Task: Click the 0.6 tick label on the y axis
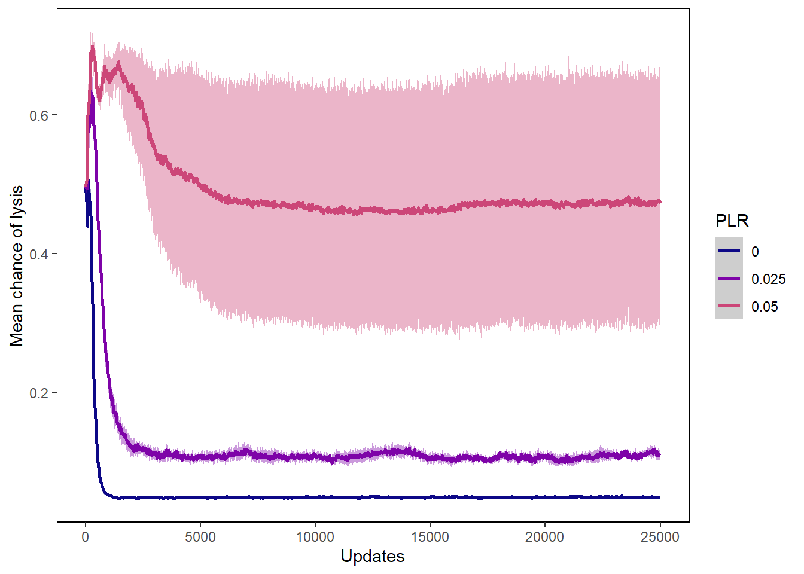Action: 39,115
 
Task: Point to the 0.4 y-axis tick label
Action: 39,254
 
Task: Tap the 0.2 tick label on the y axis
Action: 39,393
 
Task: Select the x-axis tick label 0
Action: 86,537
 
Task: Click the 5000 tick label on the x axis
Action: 200,537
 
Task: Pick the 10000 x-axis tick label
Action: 315,537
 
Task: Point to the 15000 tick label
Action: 430,537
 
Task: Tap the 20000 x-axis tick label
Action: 545,537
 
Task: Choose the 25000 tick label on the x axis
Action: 660,537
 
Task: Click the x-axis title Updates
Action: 373,557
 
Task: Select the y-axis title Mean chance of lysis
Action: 17,265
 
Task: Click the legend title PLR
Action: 732,221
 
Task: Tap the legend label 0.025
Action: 768,279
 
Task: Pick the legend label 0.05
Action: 765,307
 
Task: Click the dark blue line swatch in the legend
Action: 729,251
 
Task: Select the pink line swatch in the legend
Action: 729,306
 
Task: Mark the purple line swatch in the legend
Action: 729,279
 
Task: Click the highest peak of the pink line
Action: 92,47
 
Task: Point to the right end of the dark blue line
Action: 659,497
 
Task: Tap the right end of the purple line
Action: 659,456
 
